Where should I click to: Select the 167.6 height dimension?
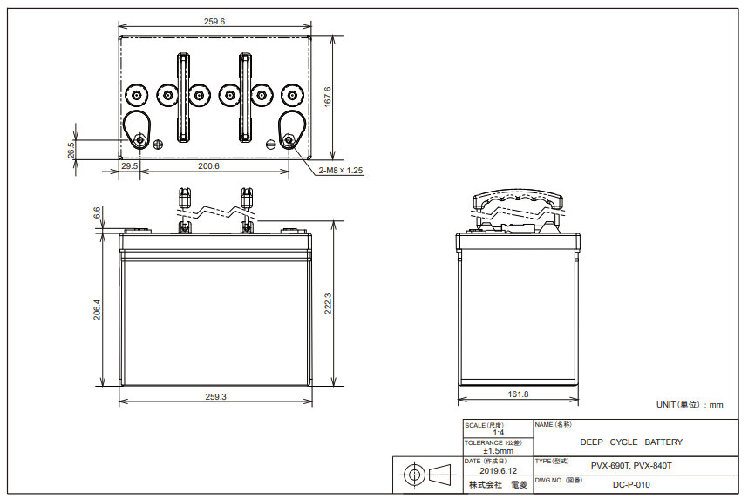(x=327, y=96)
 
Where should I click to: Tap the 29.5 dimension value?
(x=129, y=165)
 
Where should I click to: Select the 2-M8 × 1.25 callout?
(x=340, y=171)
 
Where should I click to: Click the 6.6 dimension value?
(x=98, y=212)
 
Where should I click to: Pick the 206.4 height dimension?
(x=97, y=310)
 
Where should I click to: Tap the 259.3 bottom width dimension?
(x=216, y=396)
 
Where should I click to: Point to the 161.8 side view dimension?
(x=518, y=394)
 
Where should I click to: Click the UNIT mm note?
(x=690, y=404)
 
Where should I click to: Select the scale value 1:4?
(x=498, y=433)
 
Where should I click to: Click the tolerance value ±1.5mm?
(x=498, y=451)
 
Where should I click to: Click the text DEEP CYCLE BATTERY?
(x=631, y=442)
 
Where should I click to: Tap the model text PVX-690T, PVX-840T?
(x=631, y=466)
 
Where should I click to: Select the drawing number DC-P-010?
(x=631, y=485)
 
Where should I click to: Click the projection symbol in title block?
(x=426, y=475)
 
